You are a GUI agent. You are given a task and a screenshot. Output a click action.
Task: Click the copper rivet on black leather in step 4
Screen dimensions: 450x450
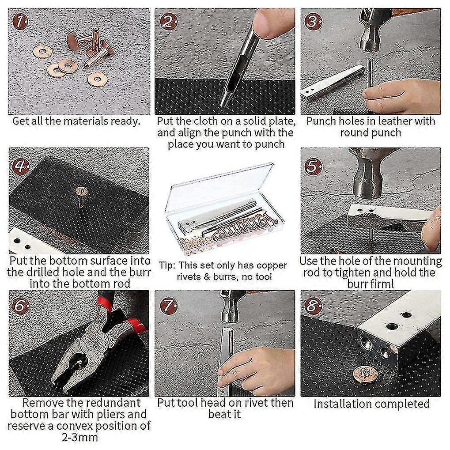81,191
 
